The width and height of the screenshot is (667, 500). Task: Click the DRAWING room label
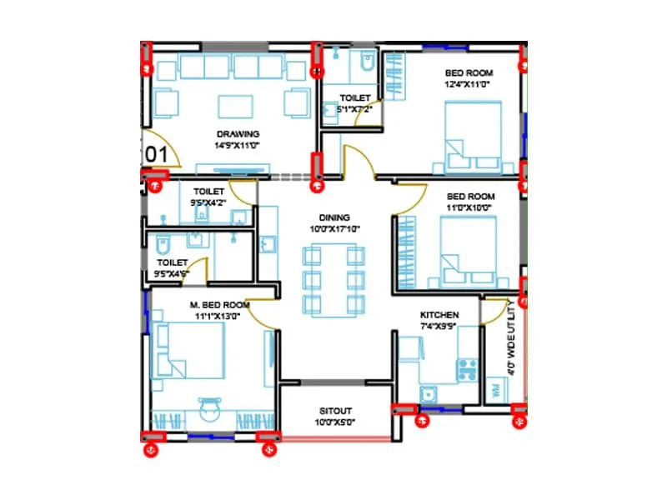click(238, 134)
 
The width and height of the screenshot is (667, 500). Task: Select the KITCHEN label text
click(439, 315)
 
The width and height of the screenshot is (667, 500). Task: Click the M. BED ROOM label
click(219, 304)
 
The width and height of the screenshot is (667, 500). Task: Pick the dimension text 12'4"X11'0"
click(470, 84)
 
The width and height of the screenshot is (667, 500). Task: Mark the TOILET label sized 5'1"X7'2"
click(354, 98)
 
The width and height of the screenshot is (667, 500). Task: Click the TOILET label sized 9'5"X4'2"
click(208, 192)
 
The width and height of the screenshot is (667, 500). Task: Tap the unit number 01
click(158, 154)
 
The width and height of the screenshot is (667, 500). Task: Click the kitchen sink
click(429, 394)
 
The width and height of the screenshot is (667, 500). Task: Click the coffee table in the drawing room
click(236, 106)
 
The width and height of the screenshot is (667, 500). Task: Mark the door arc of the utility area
click(497, 310)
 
